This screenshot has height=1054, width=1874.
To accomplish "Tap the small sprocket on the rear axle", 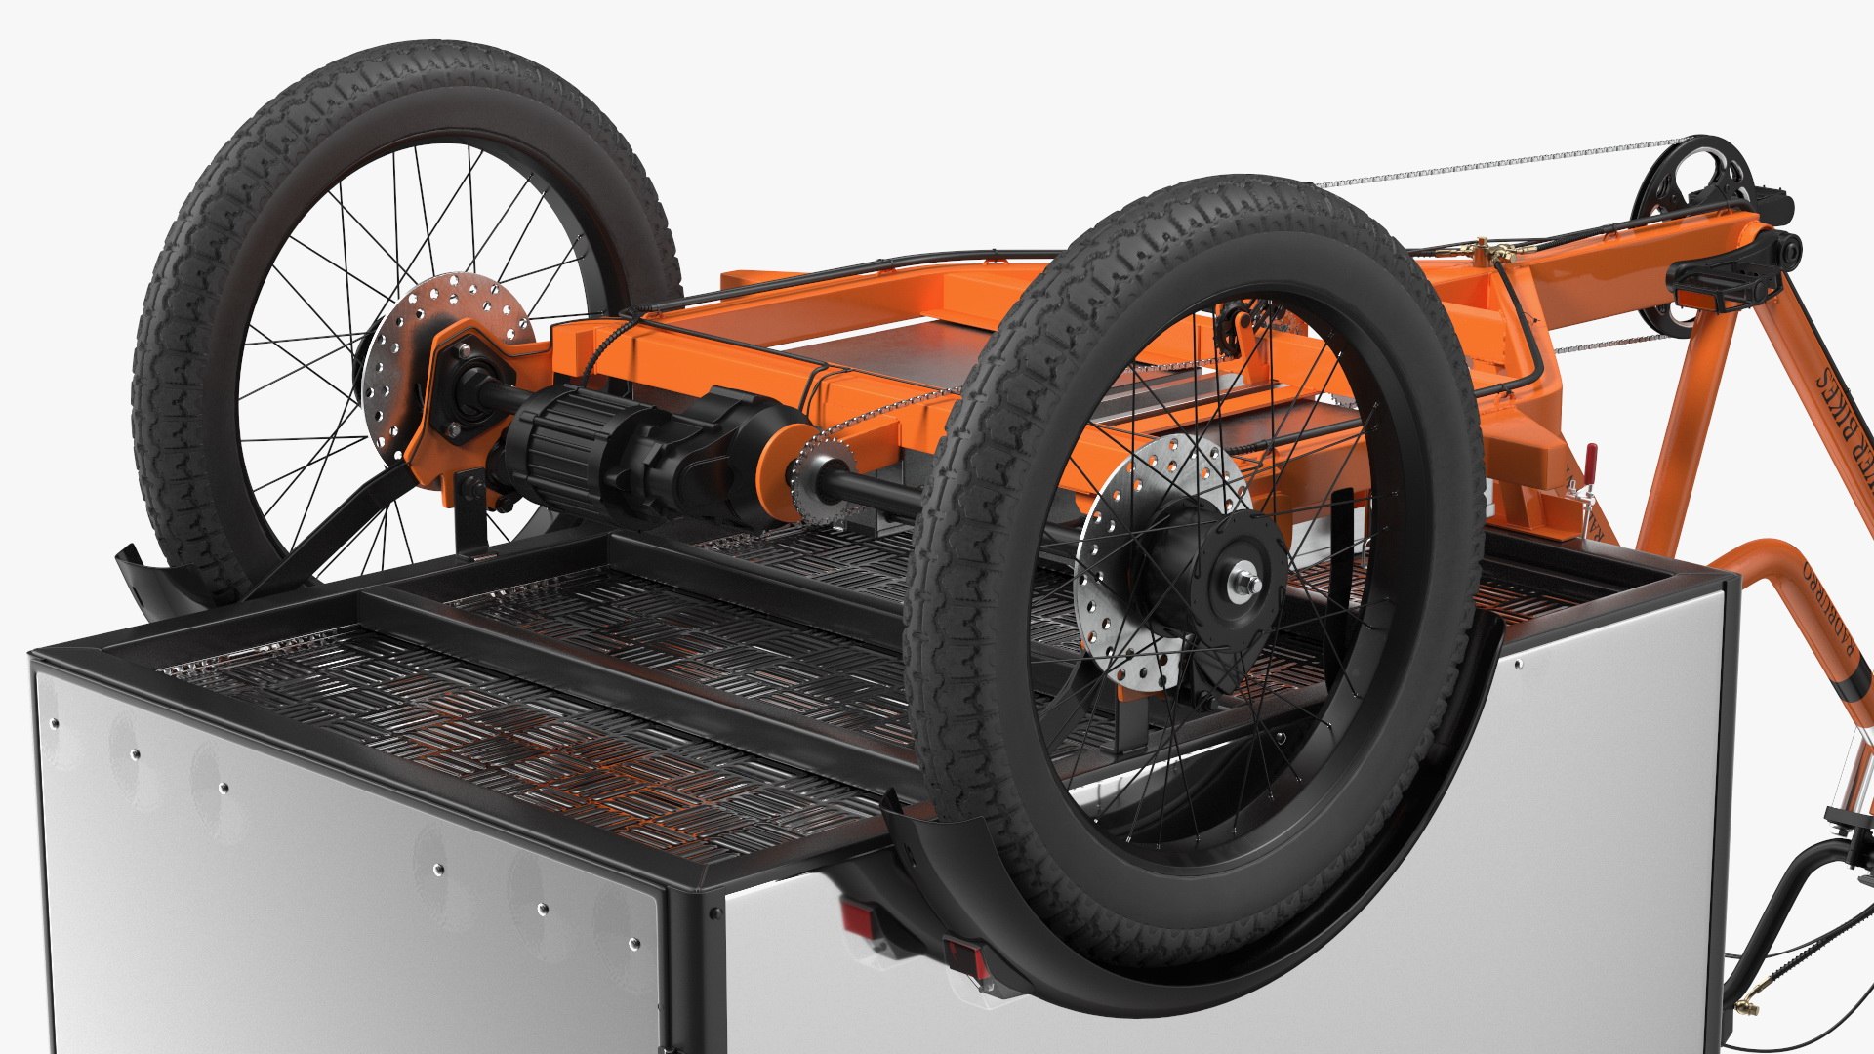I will click(x=818, y=478).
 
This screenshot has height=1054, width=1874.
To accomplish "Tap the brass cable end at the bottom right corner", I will click(x=1747, y=1005).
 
